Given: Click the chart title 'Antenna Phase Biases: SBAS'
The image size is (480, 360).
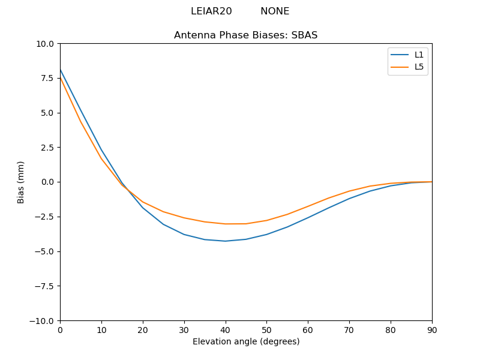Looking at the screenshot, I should [x=245, y=35].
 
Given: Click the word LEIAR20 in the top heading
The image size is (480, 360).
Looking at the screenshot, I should [x=211, y=11].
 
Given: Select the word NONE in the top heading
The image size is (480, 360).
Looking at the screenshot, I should [x=275, y=11].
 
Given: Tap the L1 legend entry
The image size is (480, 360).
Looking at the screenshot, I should [x=419, y=55].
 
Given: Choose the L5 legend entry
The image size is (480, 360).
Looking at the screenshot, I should [x=419, y=67].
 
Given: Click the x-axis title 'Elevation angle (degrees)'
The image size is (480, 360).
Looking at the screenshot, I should [x=245, y=342].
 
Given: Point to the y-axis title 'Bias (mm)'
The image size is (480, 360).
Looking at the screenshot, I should [x=21, y=182].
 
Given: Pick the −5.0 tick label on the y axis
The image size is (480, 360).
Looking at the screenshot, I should [x=46, y=251].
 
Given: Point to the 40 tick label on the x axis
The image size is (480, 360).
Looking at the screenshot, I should [x=225, y=330].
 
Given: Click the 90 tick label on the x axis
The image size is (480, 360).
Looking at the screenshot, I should [x=431, y=330].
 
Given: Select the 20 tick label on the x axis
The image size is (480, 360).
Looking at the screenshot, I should [x=143, y=330].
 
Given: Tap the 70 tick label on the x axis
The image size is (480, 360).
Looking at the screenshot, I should [x=349, y=330].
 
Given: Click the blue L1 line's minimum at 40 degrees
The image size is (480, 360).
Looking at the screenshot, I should [x=225, y=241].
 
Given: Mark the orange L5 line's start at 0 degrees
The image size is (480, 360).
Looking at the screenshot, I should [x=61, y=78].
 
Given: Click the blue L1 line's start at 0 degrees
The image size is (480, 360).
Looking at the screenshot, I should [x=61, y=70].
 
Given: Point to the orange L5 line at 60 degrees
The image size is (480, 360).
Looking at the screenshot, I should [x=308, y=206].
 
